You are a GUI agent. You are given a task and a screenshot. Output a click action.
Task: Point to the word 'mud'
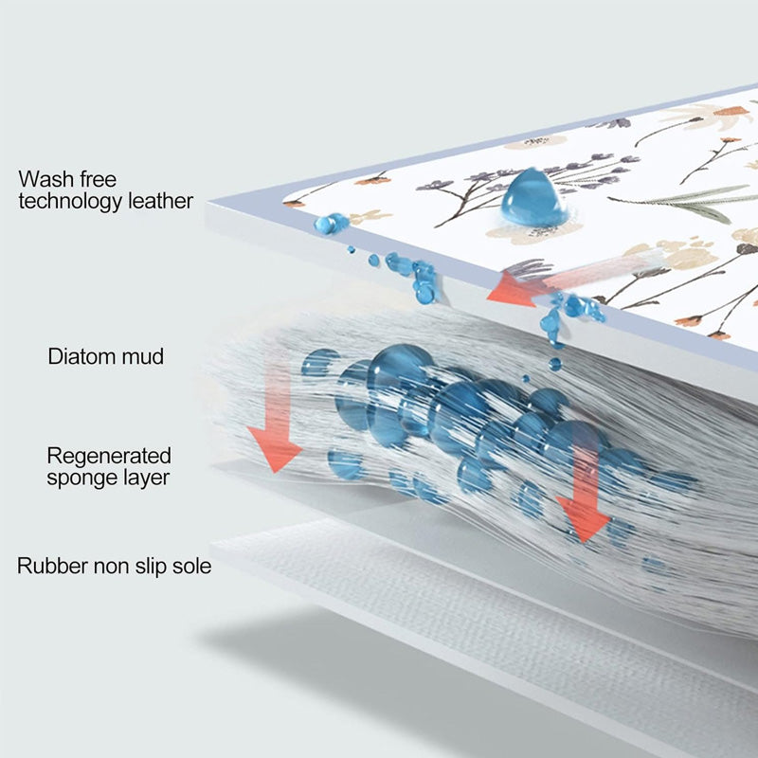click(x=142, y=356)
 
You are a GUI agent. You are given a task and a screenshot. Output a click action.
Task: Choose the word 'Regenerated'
click(x=109, y=456)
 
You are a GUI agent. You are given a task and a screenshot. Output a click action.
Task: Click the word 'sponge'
click(x=80, y=478)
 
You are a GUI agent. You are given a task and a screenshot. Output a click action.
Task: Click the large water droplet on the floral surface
click(x=533, y=198)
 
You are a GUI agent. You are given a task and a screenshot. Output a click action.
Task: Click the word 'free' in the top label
click(x=99, y=179)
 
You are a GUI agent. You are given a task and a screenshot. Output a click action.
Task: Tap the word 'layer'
click(x=144, y=478)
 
